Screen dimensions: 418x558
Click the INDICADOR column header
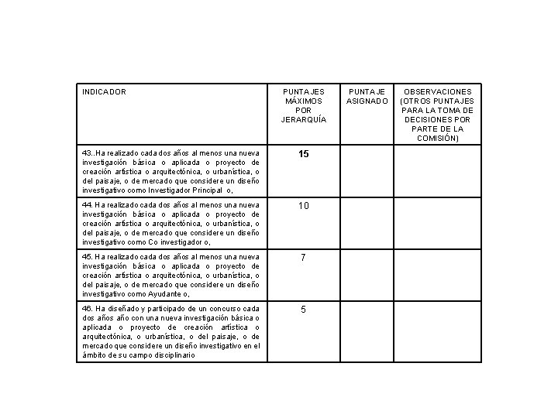coord(104,92)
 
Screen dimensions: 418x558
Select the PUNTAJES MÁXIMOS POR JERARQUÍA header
coord(303,106)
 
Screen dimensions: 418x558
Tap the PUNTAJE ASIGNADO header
coord(367,97)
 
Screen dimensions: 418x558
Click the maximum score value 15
coord(303,155)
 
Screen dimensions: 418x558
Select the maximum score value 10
coord(303,206)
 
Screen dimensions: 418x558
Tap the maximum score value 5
coord(303,310)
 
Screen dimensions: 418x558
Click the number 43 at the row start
coord(87,153)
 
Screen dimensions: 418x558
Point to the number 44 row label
coord(87,205)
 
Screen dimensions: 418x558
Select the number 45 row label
coord(87,256)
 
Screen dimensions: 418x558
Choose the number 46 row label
coord(87,308)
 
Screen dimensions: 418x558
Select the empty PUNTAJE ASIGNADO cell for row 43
coord(367,172)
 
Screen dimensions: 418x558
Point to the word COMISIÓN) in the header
coord(439,139)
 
